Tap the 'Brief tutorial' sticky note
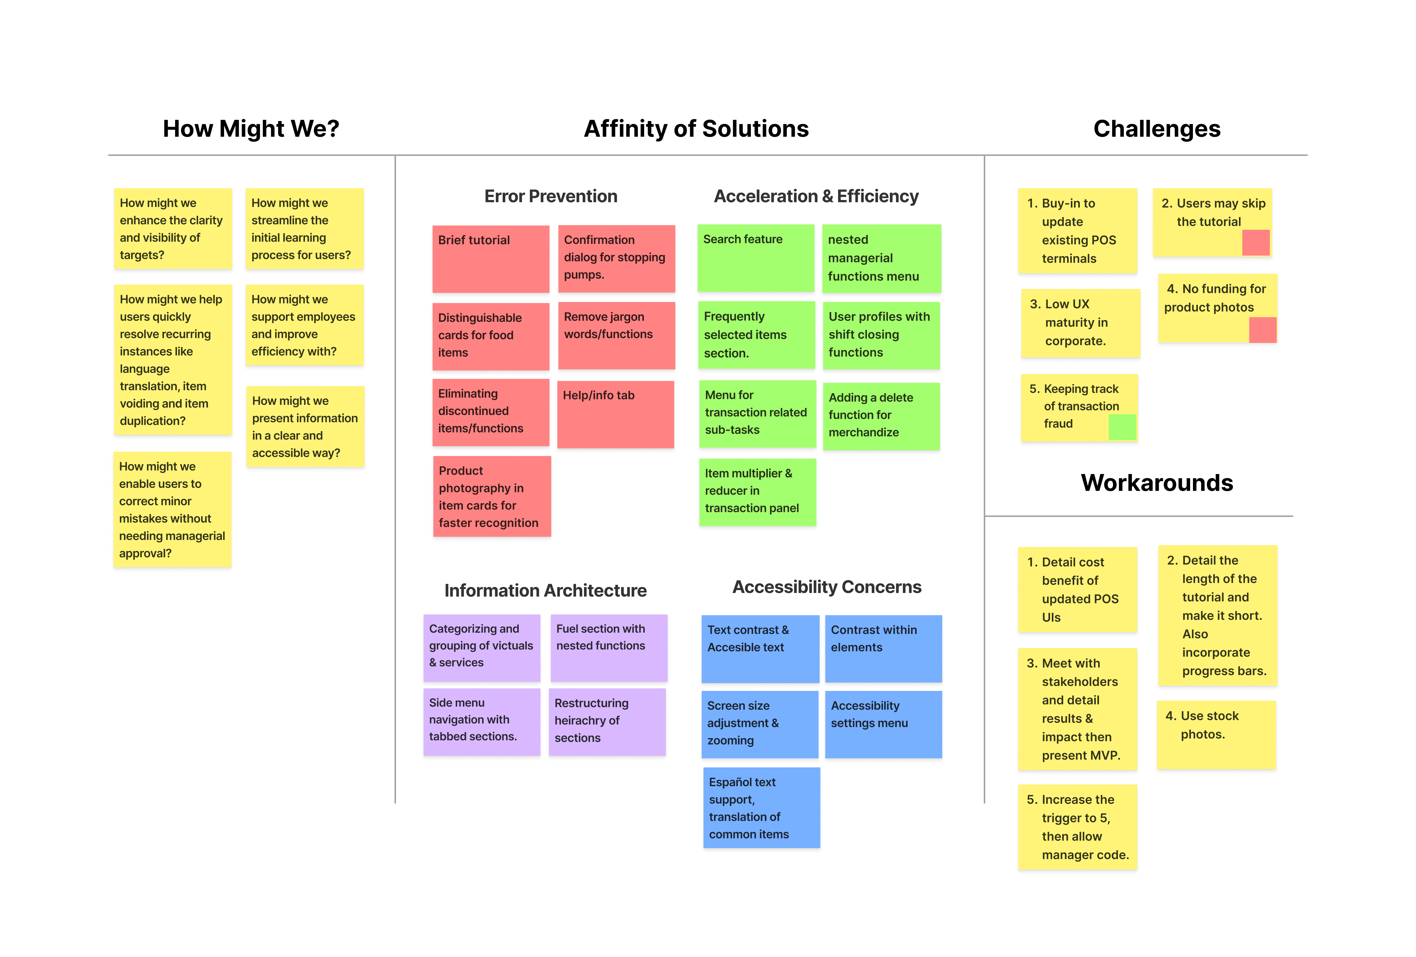[x=491, y=259]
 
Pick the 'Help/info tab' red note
[x=615, y=414]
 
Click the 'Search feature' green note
[x=756, y=258]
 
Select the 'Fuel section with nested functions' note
[x=609, y=647]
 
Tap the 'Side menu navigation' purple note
[x=481, y=722]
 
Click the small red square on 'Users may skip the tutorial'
[x=1256, y=242]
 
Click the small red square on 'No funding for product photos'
[x=1262, y=330]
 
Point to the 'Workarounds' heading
[x=1156, y=482]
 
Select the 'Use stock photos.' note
[x=1216, y=735]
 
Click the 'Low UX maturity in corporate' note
[x=1080, y=323]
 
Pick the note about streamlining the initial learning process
[x=305, y=228]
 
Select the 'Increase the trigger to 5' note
[x=1077, y=827]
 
